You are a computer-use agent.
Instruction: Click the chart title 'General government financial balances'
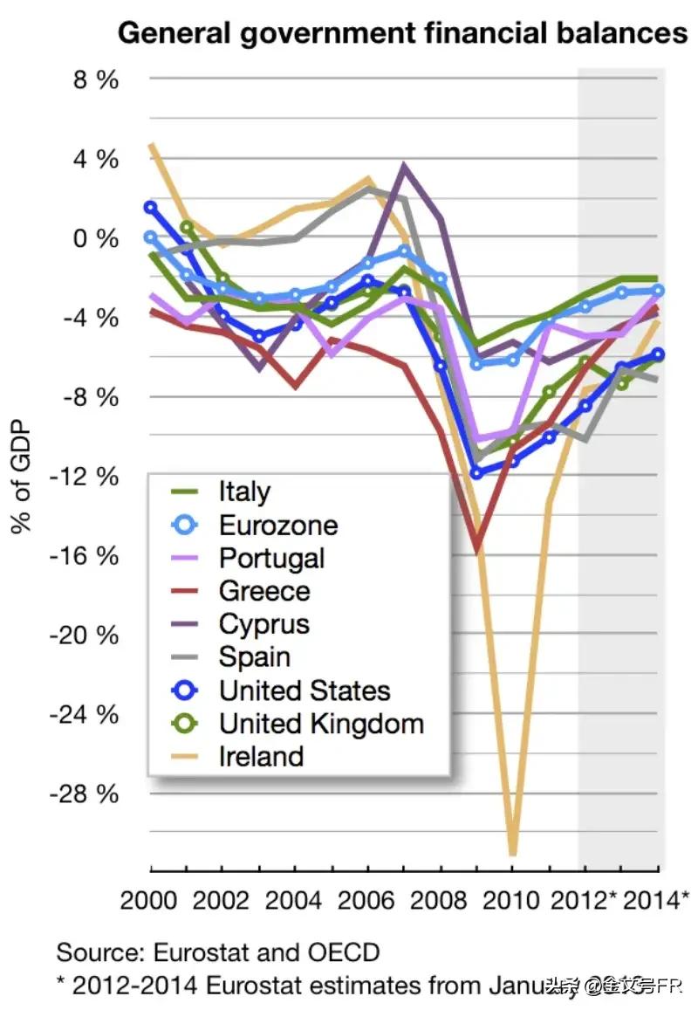[402, 34]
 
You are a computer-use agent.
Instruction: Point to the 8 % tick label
[97, 80]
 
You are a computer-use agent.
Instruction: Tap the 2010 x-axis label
[513, 899]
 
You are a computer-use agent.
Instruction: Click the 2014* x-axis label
[656, 899]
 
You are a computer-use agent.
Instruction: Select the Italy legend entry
[244, 491]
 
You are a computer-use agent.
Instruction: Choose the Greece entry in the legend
[264, 591]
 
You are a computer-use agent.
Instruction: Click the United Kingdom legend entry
[321, 724]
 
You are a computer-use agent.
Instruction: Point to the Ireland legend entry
[261, 756]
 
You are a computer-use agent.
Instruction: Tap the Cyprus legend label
[264, 624]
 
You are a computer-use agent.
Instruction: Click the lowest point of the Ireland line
[513, 854]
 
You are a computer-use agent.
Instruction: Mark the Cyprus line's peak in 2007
[404, 165]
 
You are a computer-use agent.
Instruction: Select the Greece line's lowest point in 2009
[476, 550]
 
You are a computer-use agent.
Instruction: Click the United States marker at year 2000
[151, 208]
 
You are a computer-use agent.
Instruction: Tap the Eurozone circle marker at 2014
[659, 291]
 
